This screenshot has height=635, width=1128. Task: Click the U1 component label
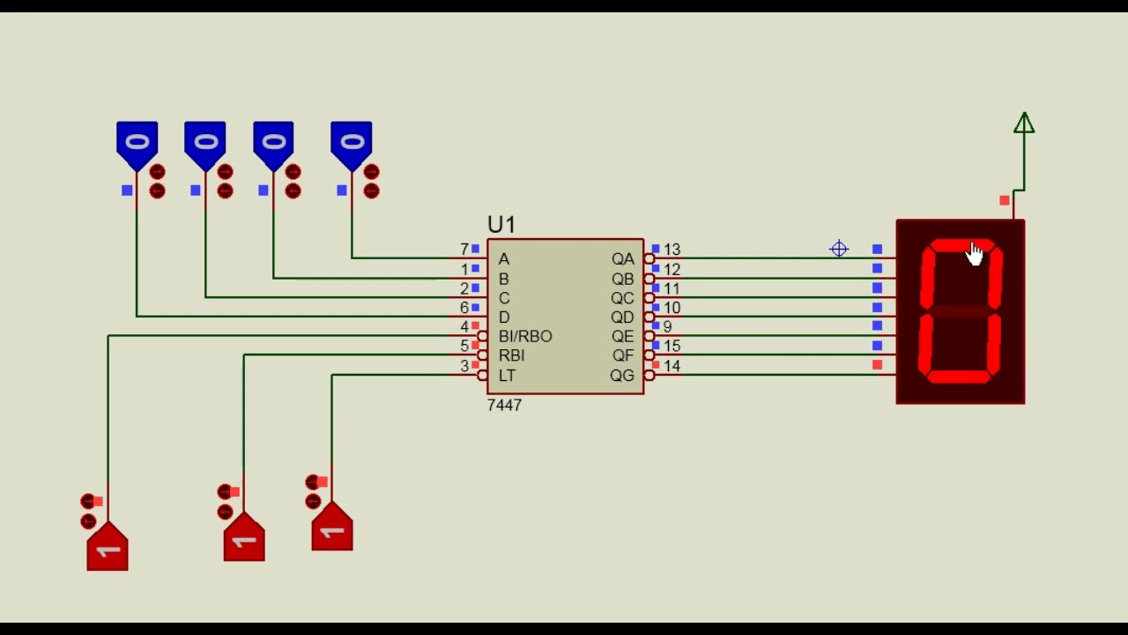[501, 225]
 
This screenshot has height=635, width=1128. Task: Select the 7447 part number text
[504, 405]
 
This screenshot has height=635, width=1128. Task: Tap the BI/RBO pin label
[525, 336]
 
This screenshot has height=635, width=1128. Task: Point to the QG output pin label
[622, 376]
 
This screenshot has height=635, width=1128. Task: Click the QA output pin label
[622, 259]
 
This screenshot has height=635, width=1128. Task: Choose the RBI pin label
[512, 355]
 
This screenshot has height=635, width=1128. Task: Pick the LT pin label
[507, 376]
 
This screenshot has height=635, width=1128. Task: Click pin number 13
[672, 250]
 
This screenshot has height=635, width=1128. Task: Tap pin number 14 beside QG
[672, 366]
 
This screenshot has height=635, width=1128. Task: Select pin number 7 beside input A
[464, 250]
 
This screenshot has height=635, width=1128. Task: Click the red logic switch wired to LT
[332, 527]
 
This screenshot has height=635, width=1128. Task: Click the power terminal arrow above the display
[1024, 123]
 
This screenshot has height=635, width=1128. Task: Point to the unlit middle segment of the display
[960, 311]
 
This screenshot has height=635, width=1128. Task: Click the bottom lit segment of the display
[959, 377]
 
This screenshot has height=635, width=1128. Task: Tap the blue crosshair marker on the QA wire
[839, 249]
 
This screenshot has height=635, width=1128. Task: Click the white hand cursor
[975, 253]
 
